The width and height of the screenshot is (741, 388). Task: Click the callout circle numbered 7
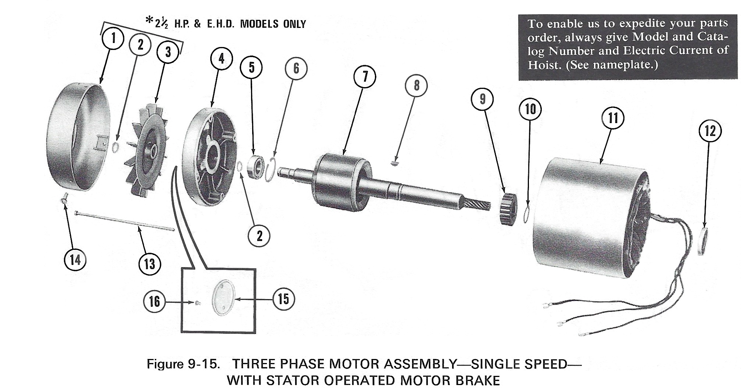pyautogui.click(x=365, y=77)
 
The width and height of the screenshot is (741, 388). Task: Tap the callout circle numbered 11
pyautogui.click(x=613, y=118)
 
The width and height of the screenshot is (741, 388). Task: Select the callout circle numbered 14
pyautogui.click(x=75, y=260)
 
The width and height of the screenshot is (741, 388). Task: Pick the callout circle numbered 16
pyautogui.click(x=154, y=302)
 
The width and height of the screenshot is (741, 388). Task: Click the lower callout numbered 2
pyautogui.click(x=259, y=236)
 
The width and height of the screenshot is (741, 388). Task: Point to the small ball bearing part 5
pyautogui.click(x=256, y=167)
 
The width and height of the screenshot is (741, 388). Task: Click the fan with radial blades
pyautogui.click(x=146, y=151)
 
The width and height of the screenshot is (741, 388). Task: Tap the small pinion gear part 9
pyautogui.click(x=508, y=209)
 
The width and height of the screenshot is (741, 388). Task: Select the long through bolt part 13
pyautogui.click(x=125, y=222)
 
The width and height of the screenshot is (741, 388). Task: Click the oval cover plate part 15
pyautogui.click(x=224, y=298)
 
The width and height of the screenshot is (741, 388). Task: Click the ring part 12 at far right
pyautogui.click(x=702, y=241)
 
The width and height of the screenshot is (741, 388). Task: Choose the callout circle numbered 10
pyautogui.click(x=530, y=109)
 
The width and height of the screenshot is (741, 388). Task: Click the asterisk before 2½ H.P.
pyautogui.click(x=149, y=20)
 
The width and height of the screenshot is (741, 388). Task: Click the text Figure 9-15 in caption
pyautogui.click(x=183, y=364)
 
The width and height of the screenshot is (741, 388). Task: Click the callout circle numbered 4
pyautogui.click(x=221, y=58)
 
